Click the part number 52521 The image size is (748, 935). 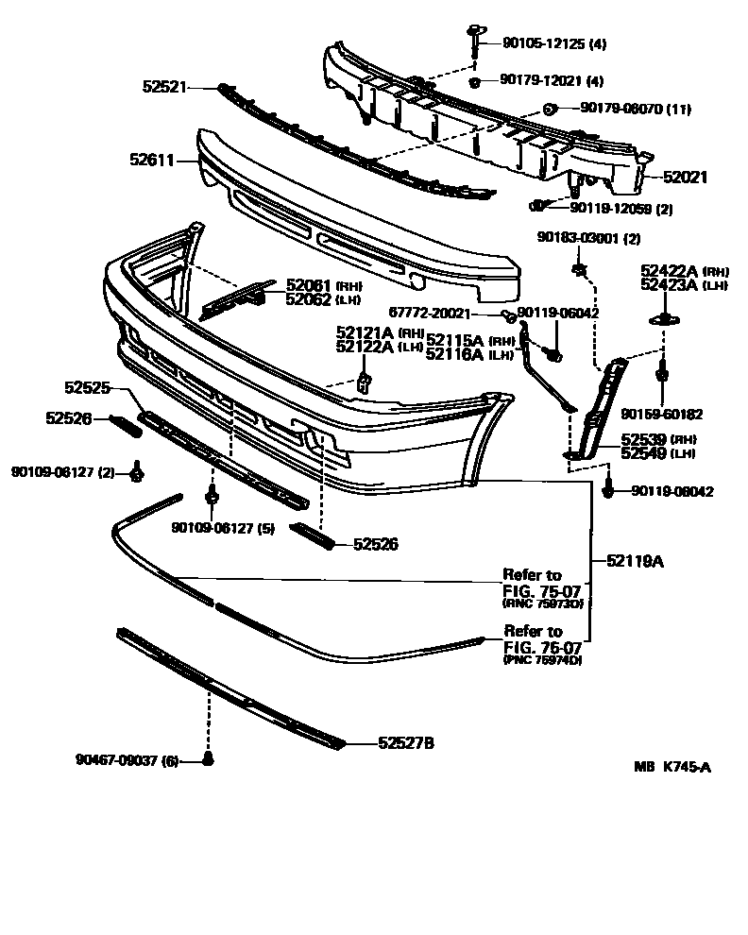[x=164, y=86]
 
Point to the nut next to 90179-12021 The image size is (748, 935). [x=478, y=81]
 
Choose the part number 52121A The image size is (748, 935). [x=364, y=332]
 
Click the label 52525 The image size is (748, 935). [x=88, y=387]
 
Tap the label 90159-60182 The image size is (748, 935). [x=662, y=414]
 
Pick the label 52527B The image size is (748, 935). [x=406, y=743]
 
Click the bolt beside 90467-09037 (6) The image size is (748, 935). [x=209, y=759]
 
